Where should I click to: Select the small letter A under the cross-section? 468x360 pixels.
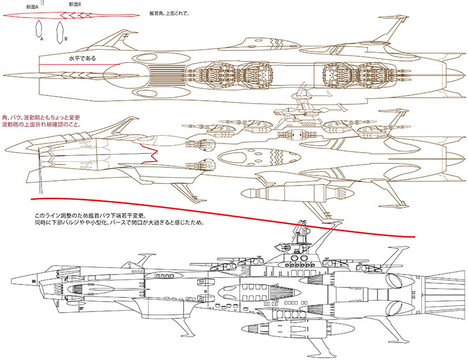42,39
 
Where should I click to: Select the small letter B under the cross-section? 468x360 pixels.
66,39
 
